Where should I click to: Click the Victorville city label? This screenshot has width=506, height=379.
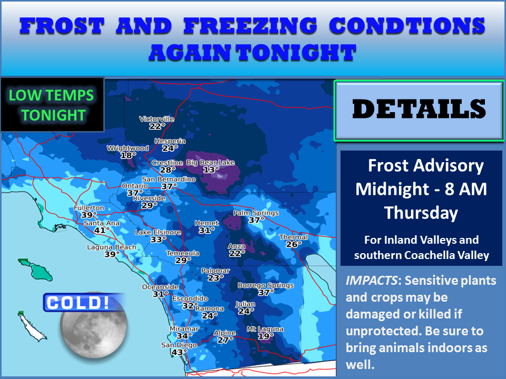click(x=157, y=119)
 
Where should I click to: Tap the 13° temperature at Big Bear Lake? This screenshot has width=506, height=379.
click(x=211, y=169)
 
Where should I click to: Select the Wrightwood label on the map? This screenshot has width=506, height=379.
click(x=128, y=148)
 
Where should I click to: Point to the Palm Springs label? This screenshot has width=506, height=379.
click(x=256, y=213)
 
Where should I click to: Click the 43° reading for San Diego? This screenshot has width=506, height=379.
click(x=180, y=352)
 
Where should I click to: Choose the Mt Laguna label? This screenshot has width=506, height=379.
click(x=265, y=330)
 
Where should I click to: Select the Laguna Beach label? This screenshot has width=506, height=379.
click(x=112, y=247)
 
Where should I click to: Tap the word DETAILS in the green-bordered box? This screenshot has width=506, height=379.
click(x=419, y=109)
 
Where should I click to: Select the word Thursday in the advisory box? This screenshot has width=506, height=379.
click(x=421, y=213)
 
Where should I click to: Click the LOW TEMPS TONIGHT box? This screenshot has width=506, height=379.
click(x=52, y=104)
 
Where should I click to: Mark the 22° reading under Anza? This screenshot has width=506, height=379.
click(x=237, y=253)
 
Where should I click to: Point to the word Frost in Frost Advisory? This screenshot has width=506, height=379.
click(x=390, y=166)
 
